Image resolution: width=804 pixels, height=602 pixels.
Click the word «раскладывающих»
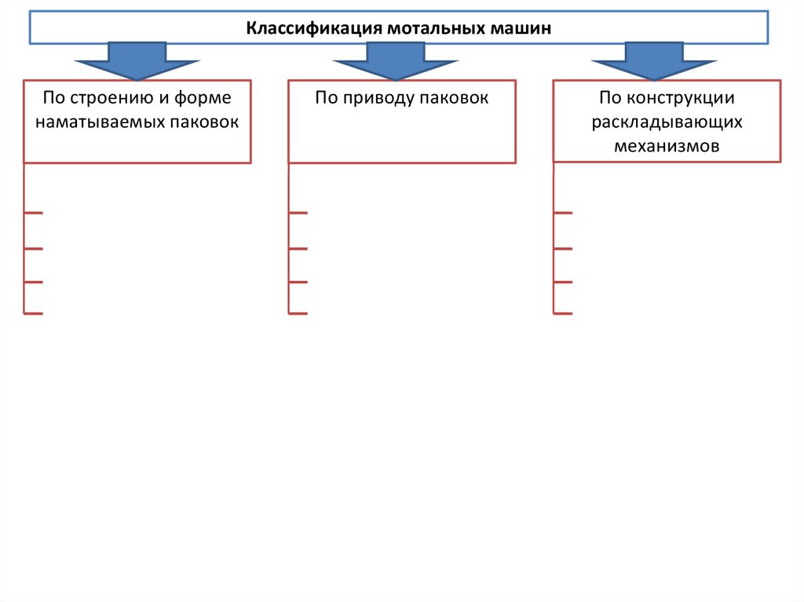pyautogui.click(x=667, y=122)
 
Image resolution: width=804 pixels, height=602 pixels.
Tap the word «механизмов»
pyautogui.click(x=667, y=146)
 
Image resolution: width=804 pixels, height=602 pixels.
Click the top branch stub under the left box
pyautogui.click(x=34, y=213)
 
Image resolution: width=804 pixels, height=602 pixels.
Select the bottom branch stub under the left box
pyautogui.click(x=34, y=314)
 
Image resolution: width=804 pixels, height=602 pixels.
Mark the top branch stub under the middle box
pyautogui.click(x=298, y=213)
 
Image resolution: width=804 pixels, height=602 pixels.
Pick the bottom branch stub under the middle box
pyautogui.click(x=298, y=314)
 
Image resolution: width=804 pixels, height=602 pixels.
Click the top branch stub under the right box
pyautogui.click(x=563, y=213)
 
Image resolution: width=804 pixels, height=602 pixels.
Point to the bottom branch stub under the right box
pyautogui.click(x=563, y=314)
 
